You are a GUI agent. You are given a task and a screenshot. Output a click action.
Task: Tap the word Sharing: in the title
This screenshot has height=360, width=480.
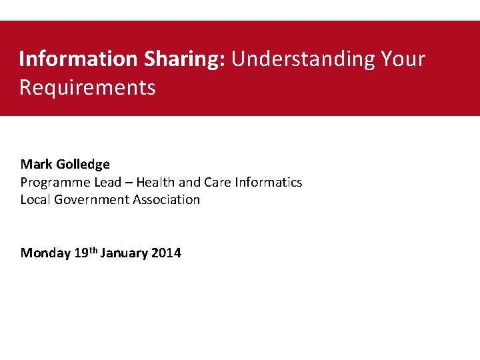click(183, 59)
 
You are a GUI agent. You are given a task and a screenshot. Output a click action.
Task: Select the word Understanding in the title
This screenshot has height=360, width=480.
click(303, 59)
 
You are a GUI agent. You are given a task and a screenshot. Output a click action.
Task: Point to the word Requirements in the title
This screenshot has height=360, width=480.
click(87, 87)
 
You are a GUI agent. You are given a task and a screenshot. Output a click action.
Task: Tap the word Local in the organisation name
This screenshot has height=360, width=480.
click(35, 199)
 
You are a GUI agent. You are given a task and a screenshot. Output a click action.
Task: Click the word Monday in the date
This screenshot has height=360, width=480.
click(45, 253)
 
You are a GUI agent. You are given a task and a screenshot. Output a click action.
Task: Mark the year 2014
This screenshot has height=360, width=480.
click(166, 253)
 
